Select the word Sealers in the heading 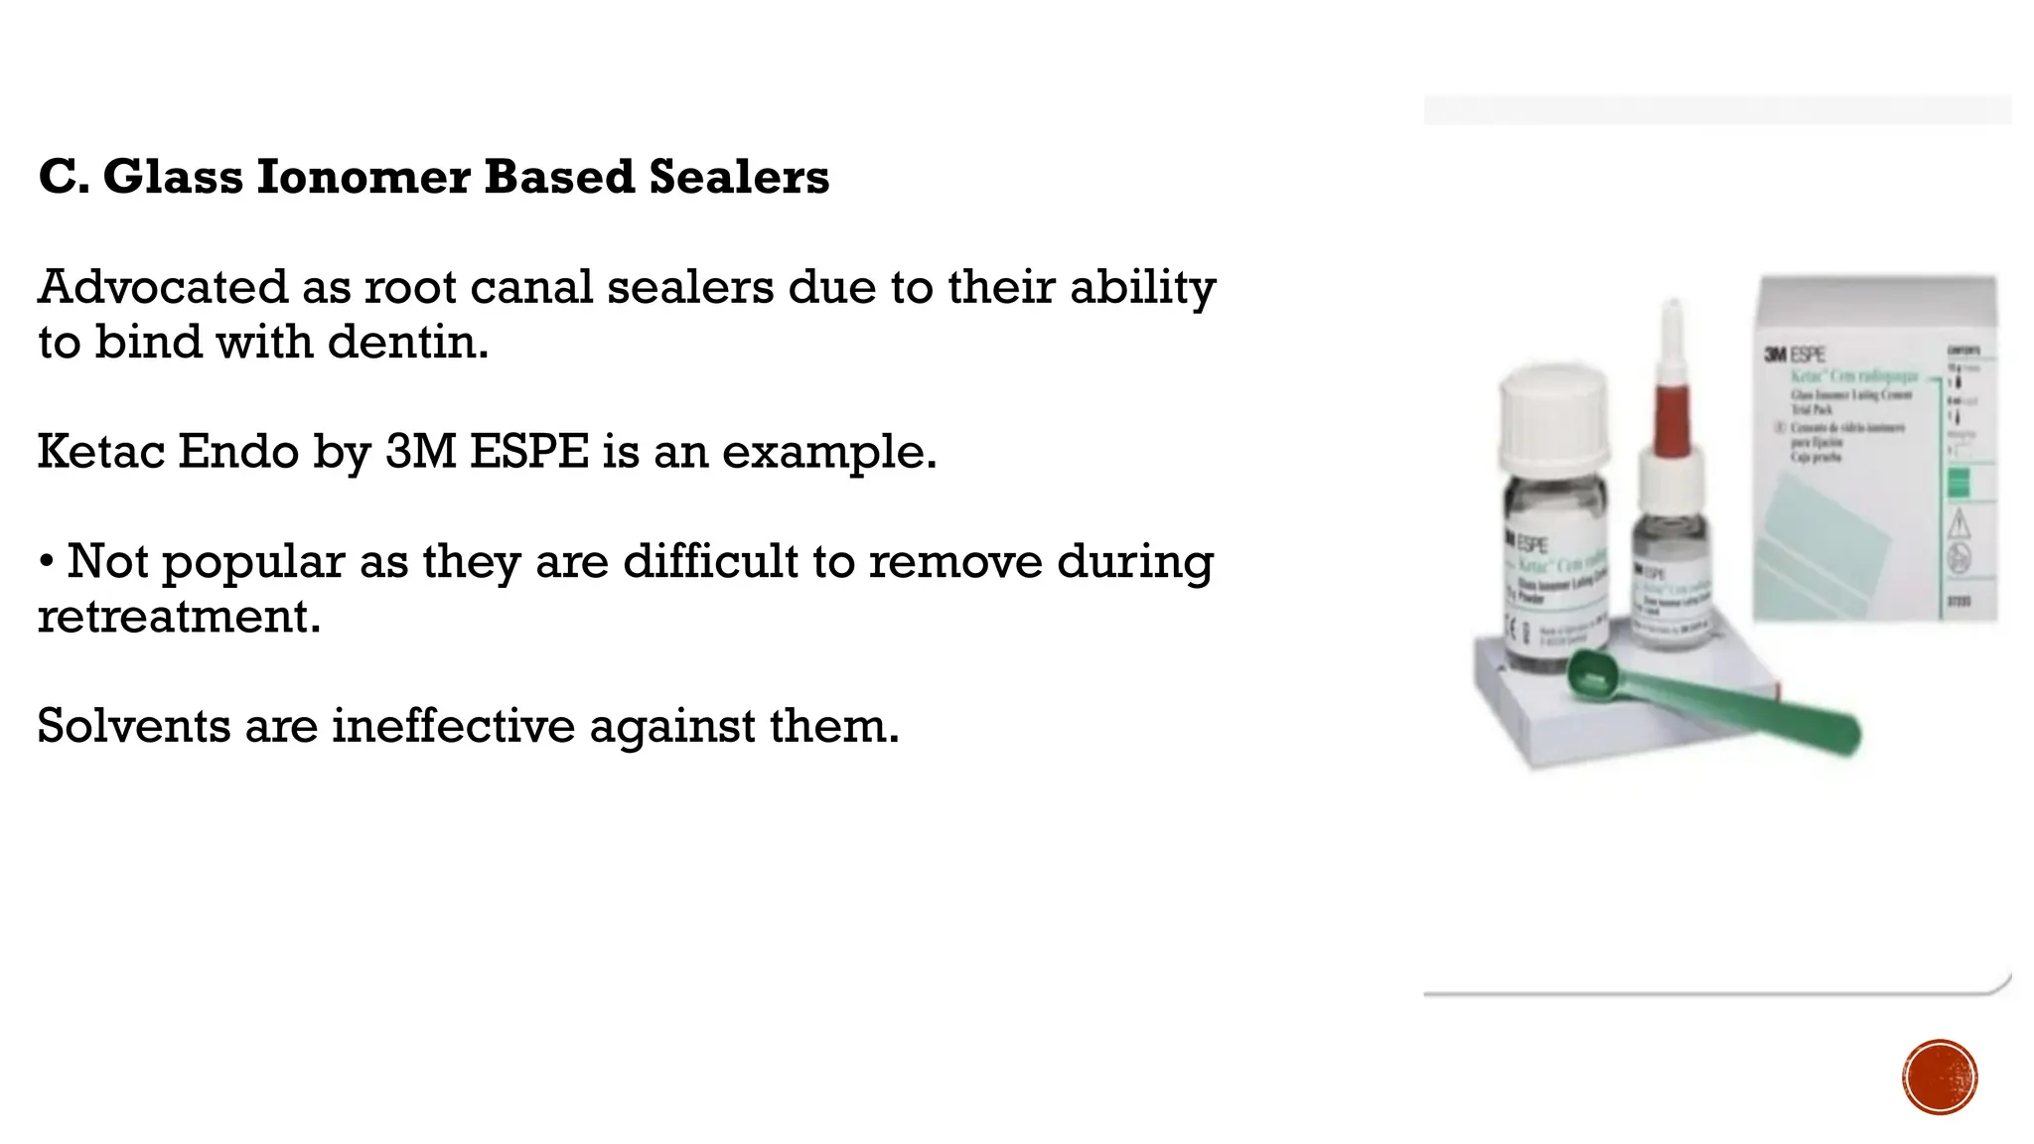pos(739,177)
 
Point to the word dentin pos(407,342)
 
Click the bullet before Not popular pos(47,562)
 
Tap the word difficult pos(709,562)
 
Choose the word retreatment pos(179,617)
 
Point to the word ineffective pos(453,726)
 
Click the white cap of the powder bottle pos(1553,418)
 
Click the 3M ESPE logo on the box pos(1795,354)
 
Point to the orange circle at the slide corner pos(1940,1077)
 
